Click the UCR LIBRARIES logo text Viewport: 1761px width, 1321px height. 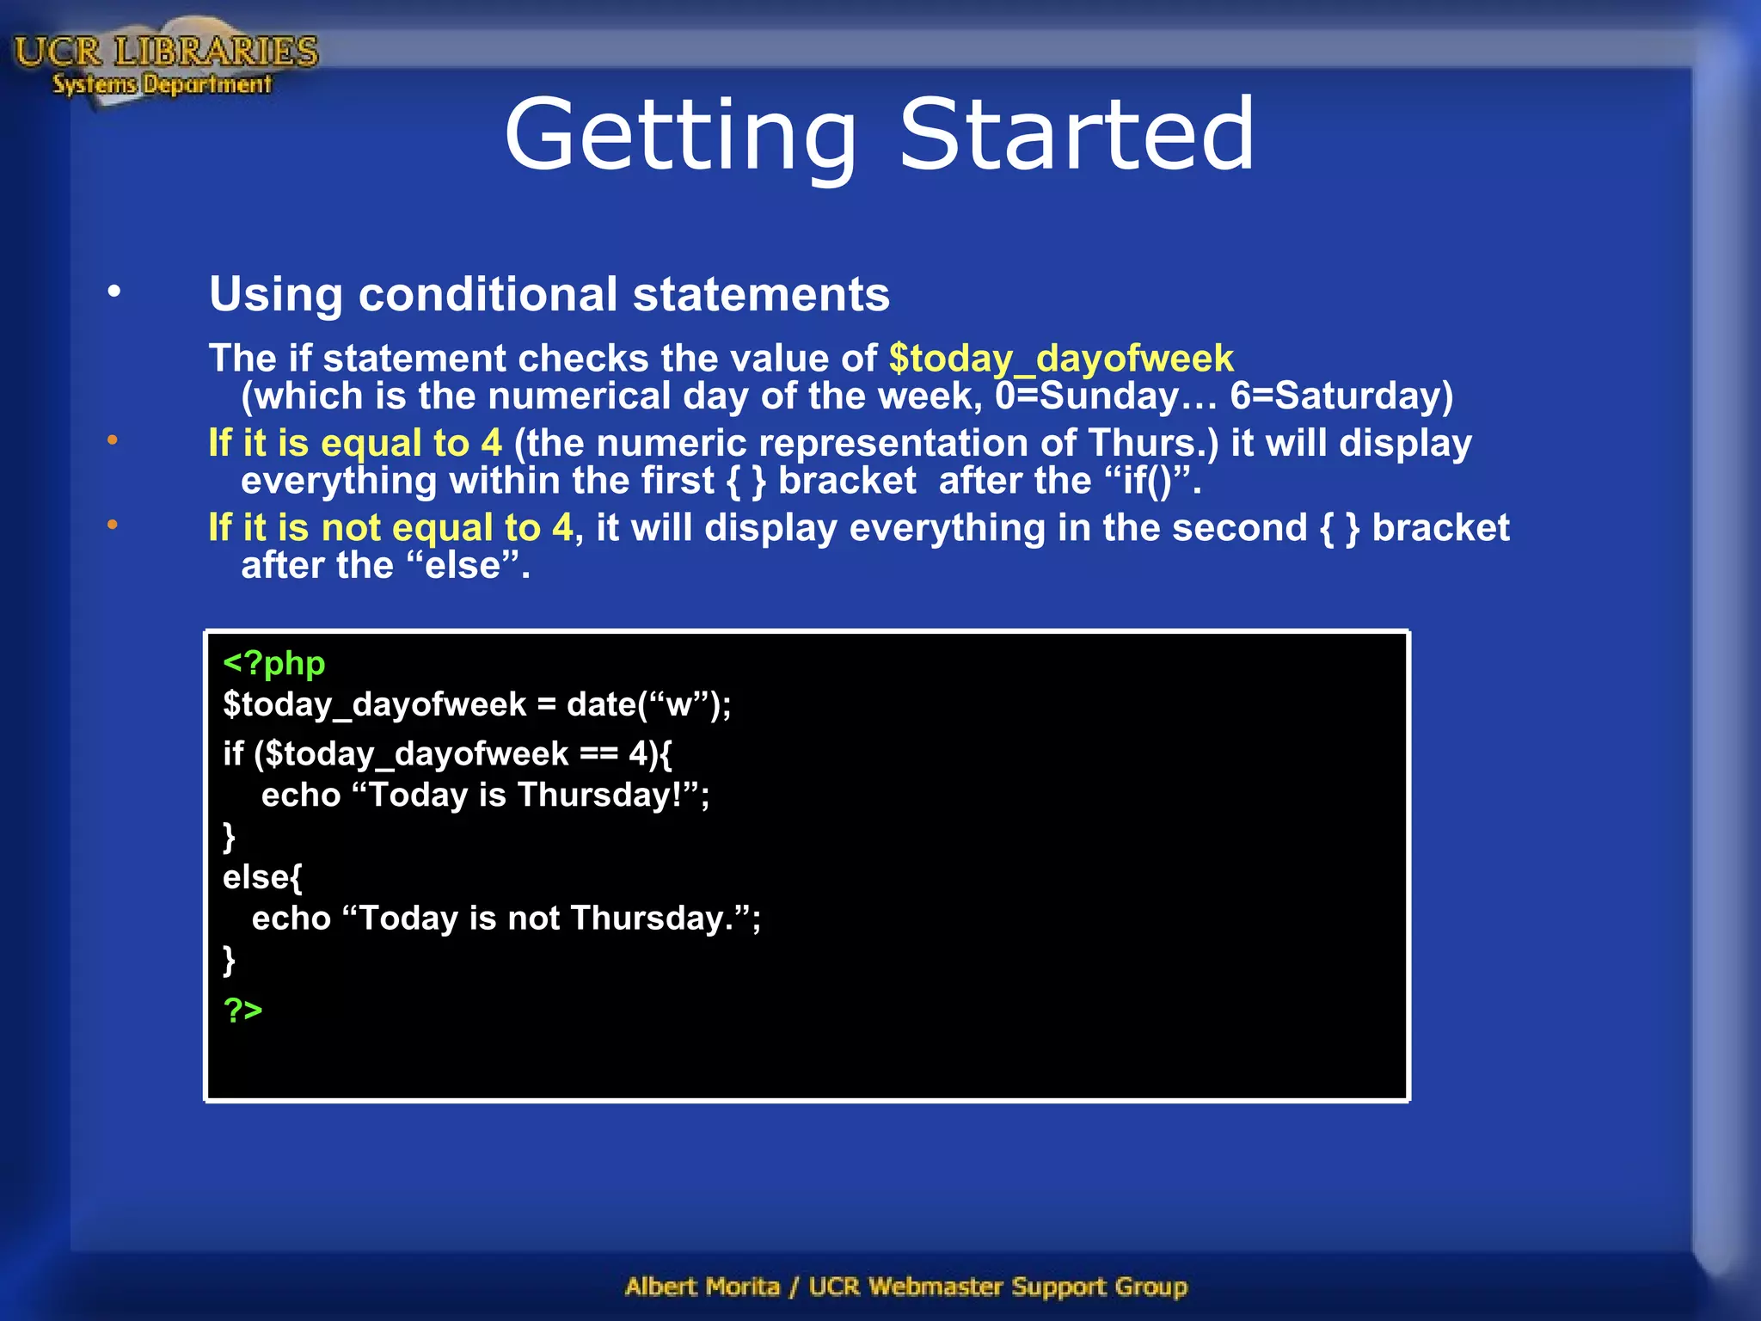[166, 52]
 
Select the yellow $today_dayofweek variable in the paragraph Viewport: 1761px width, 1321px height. [1061, 359]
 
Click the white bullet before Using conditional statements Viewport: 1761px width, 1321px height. [114, 292]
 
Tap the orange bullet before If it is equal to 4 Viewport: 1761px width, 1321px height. [113, 441]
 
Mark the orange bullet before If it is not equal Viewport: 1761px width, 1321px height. [113, 525]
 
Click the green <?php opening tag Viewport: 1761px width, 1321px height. [273, 663]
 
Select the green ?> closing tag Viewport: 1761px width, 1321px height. [242, 1009]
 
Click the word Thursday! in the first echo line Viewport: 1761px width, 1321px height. [608, 795]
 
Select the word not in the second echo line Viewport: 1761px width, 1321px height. [534, 919]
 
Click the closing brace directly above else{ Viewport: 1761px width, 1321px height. [229, 836]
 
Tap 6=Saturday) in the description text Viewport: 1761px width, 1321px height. [1341, 396]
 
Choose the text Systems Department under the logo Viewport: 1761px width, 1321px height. [162, 84]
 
